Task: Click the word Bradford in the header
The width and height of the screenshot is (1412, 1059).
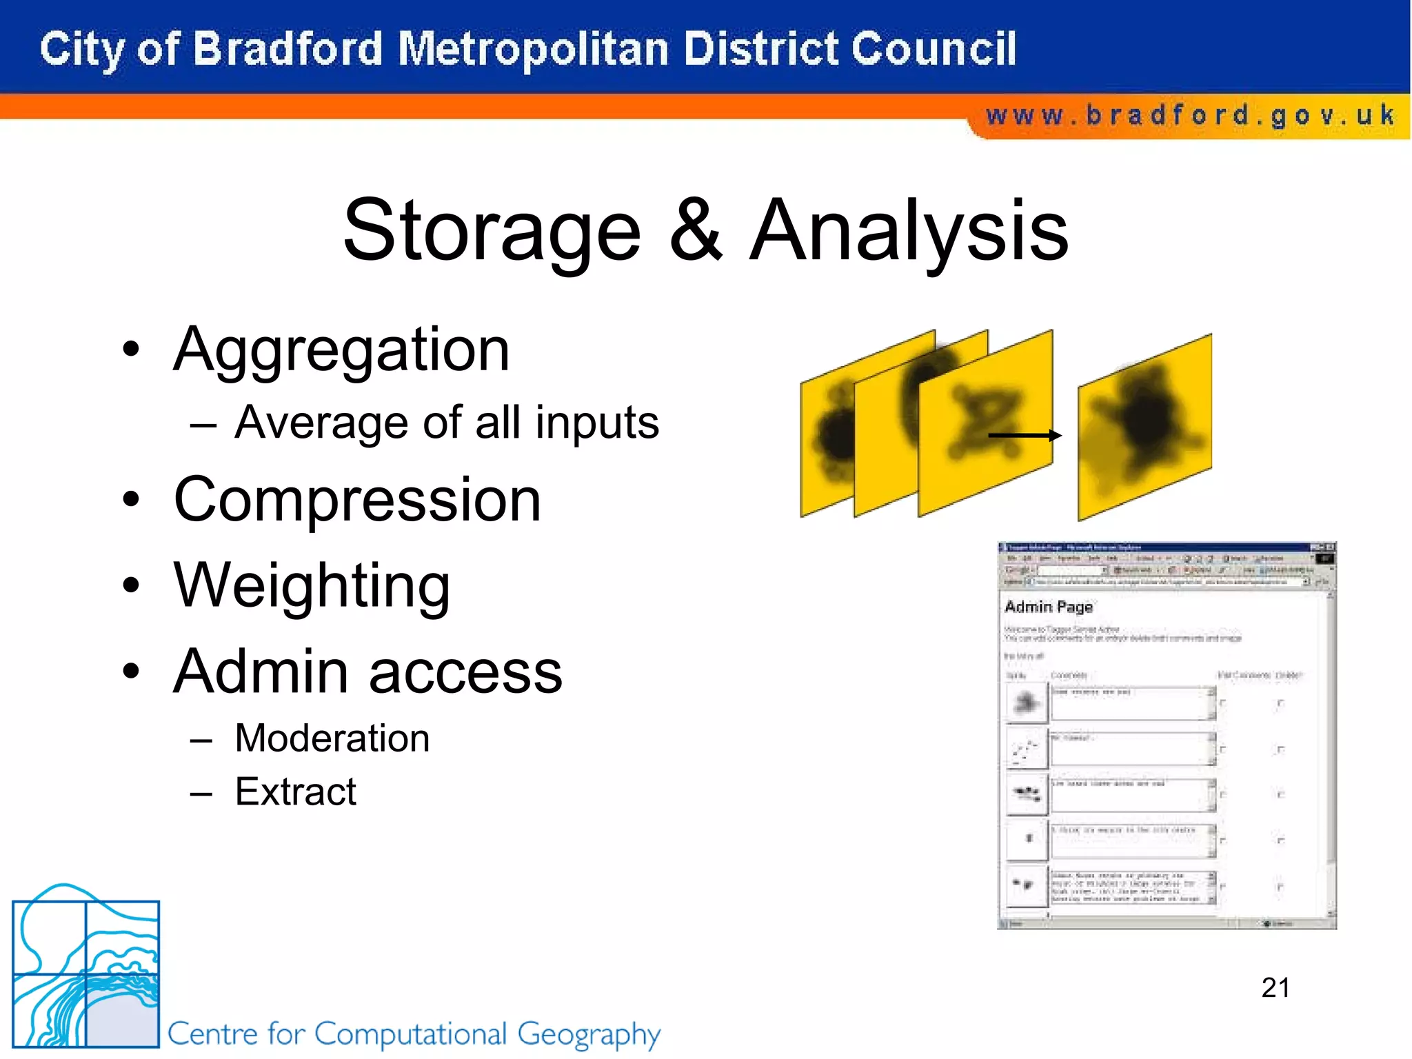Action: (x=287, y=50)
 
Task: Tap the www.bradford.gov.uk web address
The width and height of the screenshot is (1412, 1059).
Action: (x=1190, y=115)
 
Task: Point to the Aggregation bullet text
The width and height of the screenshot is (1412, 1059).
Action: (x=341, y=350)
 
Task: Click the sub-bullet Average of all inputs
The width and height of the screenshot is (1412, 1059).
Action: (x=447, y=423)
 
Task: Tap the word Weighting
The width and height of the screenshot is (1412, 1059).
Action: (x=312, y=586)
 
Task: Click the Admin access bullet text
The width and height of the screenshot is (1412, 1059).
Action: (x=367, y=672)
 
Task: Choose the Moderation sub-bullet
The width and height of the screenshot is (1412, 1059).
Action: (x=332, y=738)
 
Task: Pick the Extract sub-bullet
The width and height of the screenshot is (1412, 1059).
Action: (x=295, y=791)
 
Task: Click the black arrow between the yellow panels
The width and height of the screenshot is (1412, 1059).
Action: (x=1025, y=435)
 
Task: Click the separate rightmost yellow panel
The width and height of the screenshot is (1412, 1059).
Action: (x=1144, y=427)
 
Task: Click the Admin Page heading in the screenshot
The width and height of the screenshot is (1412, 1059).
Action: (x=1048, y=607)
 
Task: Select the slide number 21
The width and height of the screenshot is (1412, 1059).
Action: (x=1275, y=987)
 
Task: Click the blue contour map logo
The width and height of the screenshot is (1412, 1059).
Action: (x=85, y=969)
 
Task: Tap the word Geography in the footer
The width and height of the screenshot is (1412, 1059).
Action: (x=589, y=1034)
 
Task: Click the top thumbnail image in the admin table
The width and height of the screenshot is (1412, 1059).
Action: (x=1027, y=703)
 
